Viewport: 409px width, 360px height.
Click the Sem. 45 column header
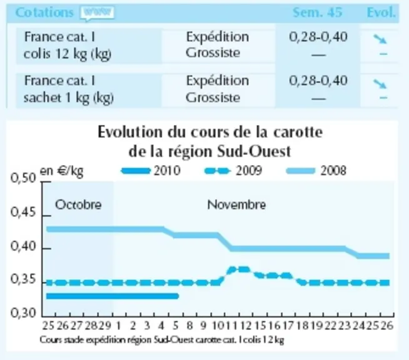[x=317, y=12]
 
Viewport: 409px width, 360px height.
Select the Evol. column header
[x=381, y=12]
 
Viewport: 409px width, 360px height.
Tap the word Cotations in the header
[x=44, y=12]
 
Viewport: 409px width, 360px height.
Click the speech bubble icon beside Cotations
[x=97, y=13]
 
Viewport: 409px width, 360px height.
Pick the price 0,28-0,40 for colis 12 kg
[x=318, y=36]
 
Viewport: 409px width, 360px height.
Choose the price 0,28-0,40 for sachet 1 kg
[x=318, y=80]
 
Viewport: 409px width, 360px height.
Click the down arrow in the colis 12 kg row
[x=380, y=39]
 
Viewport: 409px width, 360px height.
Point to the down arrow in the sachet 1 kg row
[x=380, y=84]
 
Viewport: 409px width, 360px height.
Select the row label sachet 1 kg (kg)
[x=69, y=98]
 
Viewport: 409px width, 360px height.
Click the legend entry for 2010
[x=151, y=171]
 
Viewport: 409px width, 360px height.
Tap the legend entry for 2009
[x=233, y=171]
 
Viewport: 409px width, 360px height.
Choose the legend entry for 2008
[x=316, y=171]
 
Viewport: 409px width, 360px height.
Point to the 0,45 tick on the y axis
[x=46, y=216]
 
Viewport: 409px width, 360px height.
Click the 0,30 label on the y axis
[x=23, y=312]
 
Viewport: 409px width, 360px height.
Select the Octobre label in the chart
[x=78, y=204]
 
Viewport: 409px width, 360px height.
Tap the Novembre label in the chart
[x=236, y=204]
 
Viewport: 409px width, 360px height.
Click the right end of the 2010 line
[x=178, y=296]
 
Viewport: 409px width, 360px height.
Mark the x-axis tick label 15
[x=260, y=326]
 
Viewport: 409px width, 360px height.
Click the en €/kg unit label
[x=61, y=171]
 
